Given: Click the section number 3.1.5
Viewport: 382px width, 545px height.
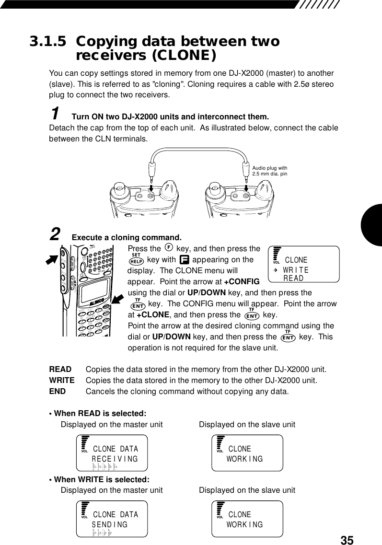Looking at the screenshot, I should (x=48, y=42).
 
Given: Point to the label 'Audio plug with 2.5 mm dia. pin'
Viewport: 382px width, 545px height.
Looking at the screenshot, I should (x=269, y=170).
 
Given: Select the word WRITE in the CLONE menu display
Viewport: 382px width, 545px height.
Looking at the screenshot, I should (x=296, y=270).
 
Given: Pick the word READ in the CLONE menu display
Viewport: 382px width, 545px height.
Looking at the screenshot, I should (x=293, y=278).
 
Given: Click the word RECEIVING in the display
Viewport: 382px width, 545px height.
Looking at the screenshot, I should (x=115, y=459).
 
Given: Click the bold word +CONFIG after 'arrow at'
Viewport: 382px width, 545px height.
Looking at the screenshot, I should (x=242, y=281).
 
